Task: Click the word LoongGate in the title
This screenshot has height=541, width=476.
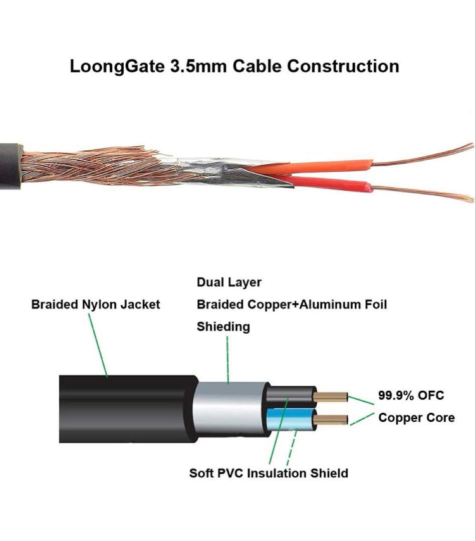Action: [x=117, y=67]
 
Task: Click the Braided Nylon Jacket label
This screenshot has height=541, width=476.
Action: [x=96, y=304]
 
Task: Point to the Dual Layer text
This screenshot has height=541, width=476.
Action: [x=229, y=283]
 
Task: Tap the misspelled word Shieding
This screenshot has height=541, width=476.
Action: [x=223, y=327]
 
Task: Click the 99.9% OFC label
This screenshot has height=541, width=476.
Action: [x=411, y=395]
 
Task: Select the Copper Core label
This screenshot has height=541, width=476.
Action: [x=416, y=417]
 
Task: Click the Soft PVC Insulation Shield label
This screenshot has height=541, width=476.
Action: [x=269, y=473]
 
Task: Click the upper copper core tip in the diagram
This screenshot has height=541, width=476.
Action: [x=331, y=397]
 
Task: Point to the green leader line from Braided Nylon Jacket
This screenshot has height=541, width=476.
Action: [x=98, y=346]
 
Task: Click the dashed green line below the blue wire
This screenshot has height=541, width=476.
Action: [x=292, y=446]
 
